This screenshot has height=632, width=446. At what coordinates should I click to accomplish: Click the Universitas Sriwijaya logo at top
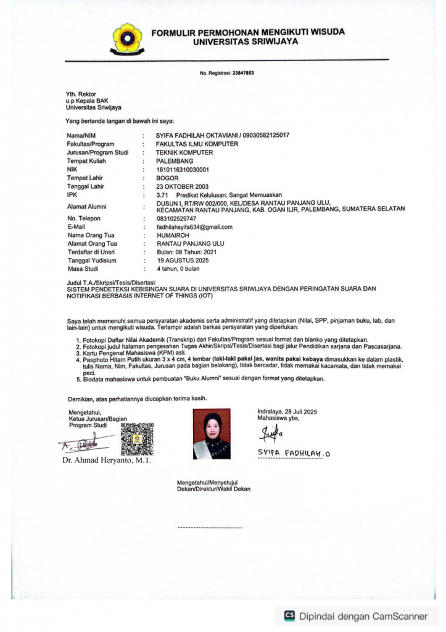pyautogui.click(x=126, y=38)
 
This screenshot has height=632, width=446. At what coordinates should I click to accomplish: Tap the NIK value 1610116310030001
pyautogui.click(x=183, y=169)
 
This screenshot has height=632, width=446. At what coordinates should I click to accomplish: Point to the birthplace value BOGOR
pyautogui.click(x=167, y=178)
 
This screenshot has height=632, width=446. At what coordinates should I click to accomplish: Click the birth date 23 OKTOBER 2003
pyautogui.click(x=182, y=186)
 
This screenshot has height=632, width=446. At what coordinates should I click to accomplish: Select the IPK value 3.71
pyautogui.click(x=162, y=195)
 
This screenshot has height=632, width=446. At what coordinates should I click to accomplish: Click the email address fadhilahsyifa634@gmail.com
pyautogui.click(x=194, y=227)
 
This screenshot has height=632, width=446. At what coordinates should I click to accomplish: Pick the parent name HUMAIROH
pyautogui.click(x=172, y=235)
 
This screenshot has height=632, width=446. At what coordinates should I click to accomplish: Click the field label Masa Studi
pyautogui.click(x=83, y=269)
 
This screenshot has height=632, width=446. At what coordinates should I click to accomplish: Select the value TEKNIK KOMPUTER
pyautogui.click(x=184, y=152)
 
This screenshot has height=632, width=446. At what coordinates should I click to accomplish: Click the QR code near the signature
pyautogui.click(x=136, y=439)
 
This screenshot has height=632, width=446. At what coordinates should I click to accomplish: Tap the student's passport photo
pyautogui.click(x=212, y=433)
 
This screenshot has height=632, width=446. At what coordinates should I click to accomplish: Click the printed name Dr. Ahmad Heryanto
pyautogui.click(x=107, y=460)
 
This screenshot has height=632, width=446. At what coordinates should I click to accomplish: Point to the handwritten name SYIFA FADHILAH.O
pyautogui.click(x=294, y=454)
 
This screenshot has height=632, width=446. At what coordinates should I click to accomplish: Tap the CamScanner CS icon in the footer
pyautogui.click(x=289, y=615)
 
